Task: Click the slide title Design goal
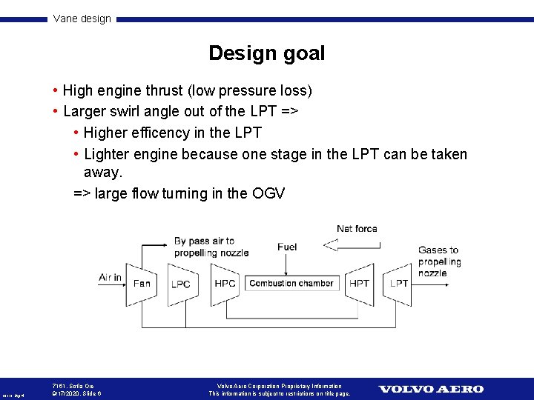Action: tap(266, 53)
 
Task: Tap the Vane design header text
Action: tap(82, 19)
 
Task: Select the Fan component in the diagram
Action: tap(141, 283)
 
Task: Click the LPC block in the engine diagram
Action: tap(180, 284)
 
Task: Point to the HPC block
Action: tap(225, 283)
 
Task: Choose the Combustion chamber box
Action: tap(291, 283)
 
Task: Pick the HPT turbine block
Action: tap(359, 283)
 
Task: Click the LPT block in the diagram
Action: tap(399, 283)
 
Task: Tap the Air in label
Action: tap(110, 277)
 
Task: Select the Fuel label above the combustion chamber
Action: tap(287, 247)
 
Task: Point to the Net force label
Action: tap(357, 229)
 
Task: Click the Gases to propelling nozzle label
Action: tap(438, 261)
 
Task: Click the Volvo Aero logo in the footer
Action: tap(431, 389)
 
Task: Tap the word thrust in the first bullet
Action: tap(164, 90)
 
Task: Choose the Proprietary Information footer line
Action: tap(280, 386)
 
